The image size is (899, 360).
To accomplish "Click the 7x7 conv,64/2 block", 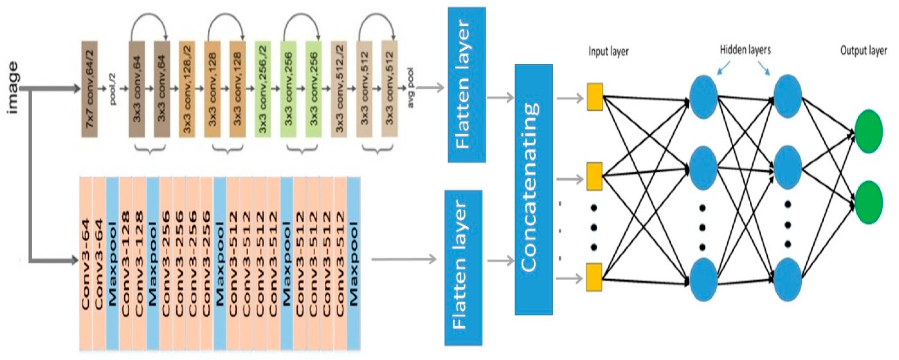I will (x=89, y=89).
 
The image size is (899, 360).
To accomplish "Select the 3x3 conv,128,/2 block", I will (x=187, y=89).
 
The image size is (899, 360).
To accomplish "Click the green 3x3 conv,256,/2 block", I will (x=263, y=89).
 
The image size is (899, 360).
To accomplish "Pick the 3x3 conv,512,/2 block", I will (x=339, y=89).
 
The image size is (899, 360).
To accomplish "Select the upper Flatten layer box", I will (x=467, y=85).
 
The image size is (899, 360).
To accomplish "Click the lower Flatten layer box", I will (x=463, y=268).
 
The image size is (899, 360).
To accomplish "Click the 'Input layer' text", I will (x=608, y=51).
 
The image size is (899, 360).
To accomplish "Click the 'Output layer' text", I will (x=863, y=51).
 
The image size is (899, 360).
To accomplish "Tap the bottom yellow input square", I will (x=594, y=277).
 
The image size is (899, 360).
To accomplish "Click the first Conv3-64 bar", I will (x=86, y=263).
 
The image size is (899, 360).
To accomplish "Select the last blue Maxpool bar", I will (x=354, y=263).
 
